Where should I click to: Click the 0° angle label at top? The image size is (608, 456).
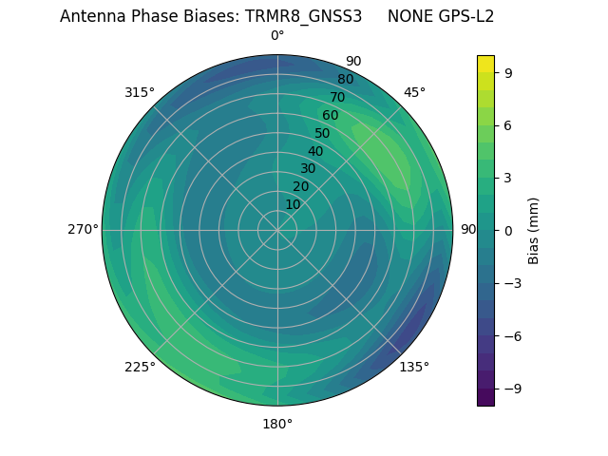pos(277,36)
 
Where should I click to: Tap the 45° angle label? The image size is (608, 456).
pos(414,92)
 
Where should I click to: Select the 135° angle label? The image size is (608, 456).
pos(414,367)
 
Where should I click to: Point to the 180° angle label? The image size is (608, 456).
pos(277,424)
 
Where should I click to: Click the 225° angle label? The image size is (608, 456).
pos(140,368)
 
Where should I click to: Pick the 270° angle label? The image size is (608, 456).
pos(83,229)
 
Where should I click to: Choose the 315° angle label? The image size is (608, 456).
pos(140,92)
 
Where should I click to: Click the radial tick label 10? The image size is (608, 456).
pos(293,204)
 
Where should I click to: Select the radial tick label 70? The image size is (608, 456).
pos(337,97)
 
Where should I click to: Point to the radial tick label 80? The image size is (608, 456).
pos(345,79)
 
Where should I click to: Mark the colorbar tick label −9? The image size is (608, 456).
pos(510,388)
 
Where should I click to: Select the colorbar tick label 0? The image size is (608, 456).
pos(507,230)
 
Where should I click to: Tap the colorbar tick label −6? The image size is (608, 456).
pos(510,335)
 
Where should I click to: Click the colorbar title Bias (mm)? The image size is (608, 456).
pos(534,230)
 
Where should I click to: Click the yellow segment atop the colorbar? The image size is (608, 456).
pos(485,64)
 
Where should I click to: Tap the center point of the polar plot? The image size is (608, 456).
pos(277,230)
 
